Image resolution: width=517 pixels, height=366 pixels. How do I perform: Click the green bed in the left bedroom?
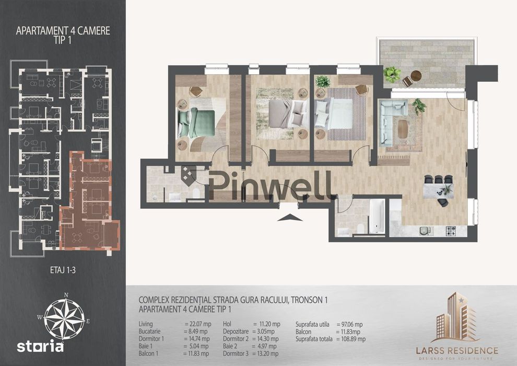coord(196,123)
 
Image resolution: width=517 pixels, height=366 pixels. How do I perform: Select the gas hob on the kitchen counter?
coord(451,231)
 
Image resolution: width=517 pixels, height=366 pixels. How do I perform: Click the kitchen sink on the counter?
coord(426,231)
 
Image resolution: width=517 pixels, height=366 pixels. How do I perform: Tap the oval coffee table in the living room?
coord(402,129)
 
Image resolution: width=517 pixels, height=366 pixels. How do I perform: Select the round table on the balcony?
coord(416,76)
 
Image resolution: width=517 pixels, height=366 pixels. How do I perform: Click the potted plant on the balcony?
coord(392,74)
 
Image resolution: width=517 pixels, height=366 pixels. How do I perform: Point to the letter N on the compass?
coord(66,295)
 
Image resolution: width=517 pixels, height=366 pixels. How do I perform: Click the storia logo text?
coord(40,347)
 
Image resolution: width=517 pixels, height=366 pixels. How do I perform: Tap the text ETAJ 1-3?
coord(63,270)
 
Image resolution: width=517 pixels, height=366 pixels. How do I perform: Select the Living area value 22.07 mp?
coord(198,324)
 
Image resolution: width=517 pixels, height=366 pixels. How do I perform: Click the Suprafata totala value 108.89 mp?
coord(351,339)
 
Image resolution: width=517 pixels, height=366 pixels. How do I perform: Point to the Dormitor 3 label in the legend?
coord(236,353)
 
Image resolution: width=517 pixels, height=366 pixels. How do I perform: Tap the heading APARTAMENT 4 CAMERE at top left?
coord(63,31)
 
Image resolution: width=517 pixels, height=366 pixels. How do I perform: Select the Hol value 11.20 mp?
coord(267,324)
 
